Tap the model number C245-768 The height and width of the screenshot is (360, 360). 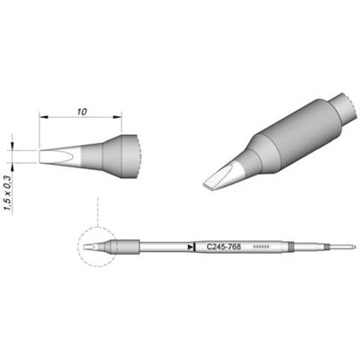(221, 246)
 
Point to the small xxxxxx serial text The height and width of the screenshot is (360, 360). (261, 247)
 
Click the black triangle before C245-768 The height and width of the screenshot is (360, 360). (190, 246)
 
